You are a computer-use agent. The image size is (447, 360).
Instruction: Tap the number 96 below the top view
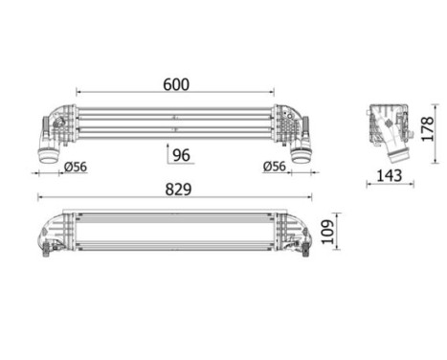pos(182,154)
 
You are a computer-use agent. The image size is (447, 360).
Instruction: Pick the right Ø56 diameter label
pos(276,169)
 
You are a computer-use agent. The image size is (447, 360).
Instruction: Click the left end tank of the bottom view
pos(54,233)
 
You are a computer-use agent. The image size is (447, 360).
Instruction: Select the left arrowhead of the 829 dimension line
pos(39,199)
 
